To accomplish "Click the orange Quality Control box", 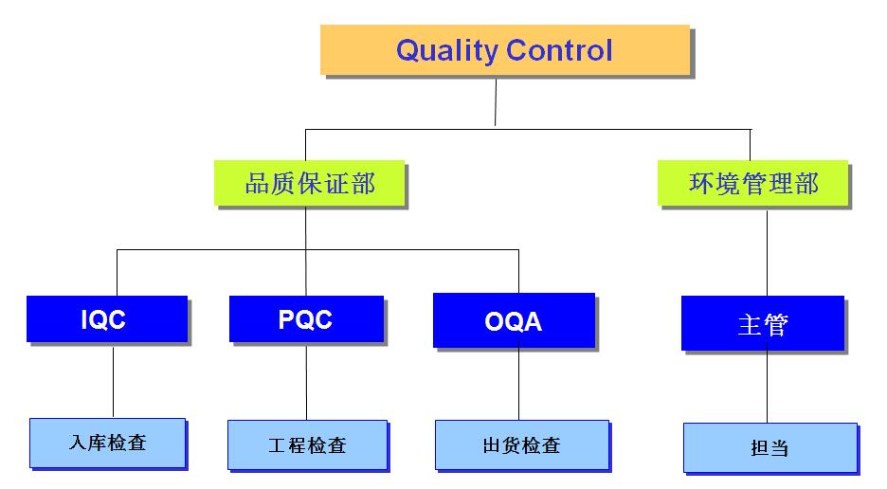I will (x=503, y=49).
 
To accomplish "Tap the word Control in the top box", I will (x=561, y=49).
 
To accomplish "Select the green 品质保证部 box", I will (x=310, y=182).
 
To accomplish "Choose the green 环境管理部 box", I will (x=752, y=183).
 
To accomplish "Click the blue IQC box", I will (x=107, y=319).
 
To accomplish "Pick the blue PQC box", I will (x=306, y=319).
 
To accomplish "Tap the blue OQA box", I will (x=514, y=321).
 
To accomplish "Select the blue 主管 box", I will (x=762, y=324).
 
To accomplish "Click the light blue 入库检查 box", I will (x=107, y=443).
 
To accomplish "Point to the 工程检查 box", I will (x=307, y=445).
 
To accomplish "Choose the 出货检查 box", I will (x=521, y=445).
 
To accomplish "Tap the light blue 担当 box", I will (x=769, y=448).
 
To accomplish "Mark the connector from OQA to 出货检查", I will (x=518, y=384).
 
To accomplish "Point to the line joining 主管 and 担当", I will (x=766, y=388).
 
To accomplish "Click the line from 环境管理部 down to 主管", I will (x=766, y=251).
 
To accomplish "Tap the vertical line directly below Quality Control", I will (x=496, y=101).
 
